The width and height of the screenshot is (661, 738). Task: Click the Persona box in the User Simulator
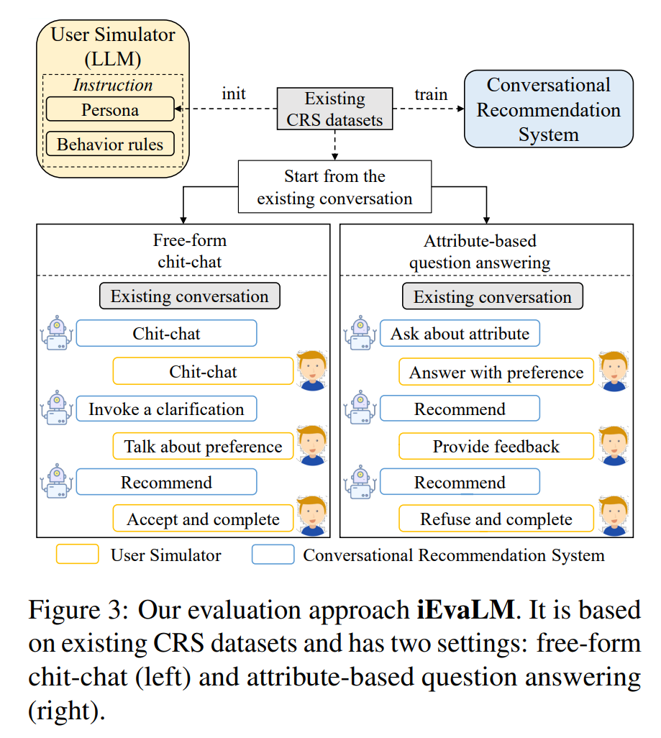(110, 110)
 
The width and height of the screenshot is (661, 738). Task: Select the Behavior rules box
(110, 145)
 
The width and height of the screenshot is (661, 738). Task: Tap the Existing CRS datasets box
(334, 109)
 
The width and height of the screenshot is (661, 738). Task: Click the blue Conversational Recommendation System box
(548, 109)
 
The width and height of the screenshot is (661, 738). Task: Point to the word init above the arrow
(233, 94)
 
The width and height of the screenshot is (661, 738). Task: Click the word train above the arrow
(431, 94)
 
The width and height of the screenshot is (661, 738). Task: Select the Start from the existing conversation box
(334, 186)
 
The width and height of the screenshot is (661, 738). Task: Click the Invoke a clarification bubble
(166, 409)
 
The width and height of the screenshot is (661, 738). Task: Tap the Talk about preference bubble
(203, 447)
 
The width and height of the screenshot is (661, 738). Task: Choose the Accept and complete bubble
(203, 519)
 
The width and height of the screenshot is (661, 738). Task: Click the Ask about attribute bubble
(460, 334)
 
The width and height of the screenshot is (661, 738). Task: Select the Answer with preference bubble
(496, 373)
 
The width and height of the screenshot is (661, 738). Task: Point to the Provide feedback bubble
(496, 447)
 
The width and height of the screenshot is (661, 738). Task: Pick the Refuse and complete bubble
(496, 519)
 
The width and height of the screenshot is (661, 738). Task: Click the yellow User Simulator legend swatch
(77, 555)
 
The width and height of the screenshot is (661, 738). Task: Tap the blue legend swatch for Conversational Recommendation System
(273, 555)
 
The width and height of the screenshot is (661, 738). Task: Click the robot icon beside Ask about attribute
(359, 334)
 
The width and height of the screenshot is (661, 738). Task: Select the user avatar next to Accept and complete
(312, 516)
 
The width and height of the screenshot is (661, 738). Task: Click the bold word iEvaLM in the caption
(465, 611)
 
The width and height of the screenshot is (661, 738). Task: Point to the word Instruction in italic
(113, 85)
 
